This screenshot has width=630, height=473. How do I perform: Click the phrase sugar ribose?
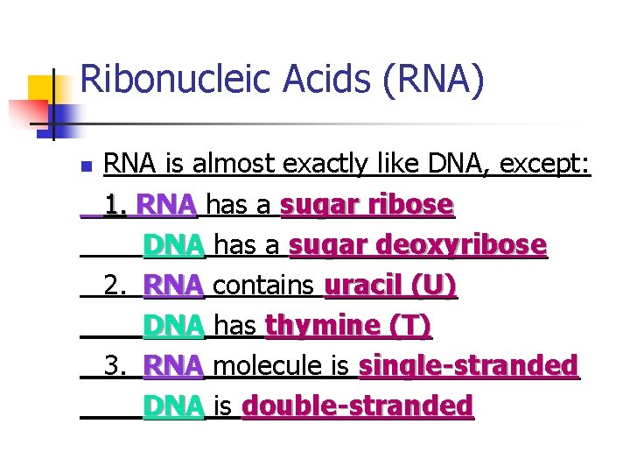pos(367,205)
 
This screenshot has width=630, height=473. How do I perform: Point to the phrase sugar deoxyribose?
pos(417,245)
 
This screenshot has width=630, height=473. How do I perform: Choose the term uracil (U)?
pos(390,286)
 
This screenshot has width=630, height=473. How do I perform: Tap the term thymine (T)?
pos(348,326)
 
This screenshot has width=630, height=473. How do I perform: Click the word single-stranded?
pos(468,365)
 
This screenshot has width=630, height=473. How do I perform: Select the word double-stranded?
pos(357,406)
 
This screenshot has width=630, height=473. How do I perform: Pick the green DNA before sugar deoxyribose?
pos(174,245)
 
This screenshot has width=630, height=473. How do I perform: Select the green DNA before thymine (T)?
pos(174,326)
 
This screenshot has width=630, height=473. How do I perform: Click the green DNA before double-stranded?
pos(174,406)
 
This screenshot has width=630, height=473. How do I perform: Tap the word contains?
pos(263,286)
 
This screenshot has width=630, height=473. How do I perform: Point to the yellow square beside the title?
pos(40,89)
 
